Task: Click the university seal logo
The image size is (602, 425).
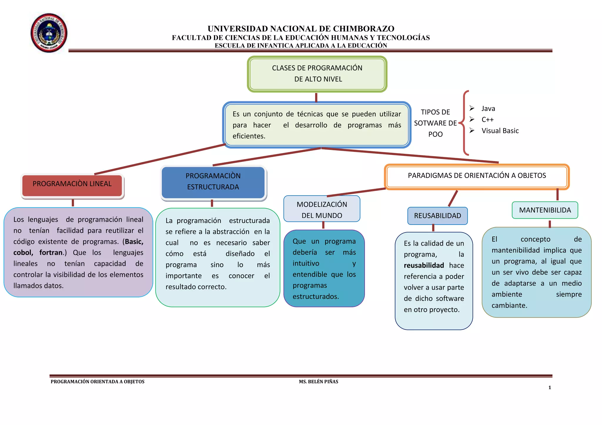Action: click(49, 33)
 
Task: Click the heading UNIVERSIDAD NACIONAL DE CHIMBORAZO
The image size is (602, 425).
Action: click(301, 29)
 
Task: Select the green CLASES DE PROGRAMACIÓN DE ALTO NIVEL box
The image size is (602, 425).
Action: click(317, 74)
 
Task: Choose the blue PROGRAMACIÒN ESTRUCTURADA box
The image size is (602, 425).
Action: click(213, 182)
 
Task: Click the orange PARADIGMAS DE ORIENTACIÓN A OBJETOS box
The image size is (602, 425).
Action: click(476, 176)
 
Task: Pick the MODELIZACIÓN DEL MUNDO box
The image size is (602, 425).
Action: click(322, 209)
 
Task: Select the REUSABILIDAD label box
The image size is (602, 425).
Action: click(437, 216)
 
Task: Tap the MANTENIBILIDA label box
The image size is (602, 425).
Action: click(545, 210)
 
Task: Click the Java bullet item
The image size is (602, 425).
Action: click(488, 109)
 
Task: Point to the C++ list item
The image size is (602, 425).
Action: click(487, 120)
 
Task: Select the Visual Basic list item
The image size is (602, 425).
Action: click(500, 131)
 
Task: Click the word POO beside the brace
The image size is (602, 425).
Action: click(435, 134)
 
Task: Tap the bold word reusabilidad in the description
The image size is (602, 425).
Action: click(424, 266)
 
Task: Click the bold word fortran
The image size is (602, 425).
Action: click(51, 253)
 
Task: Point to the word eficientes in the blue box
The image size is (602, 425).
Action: click(249, 136)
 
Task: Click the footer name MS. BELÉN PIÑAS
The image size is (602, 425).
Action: click(318, 382)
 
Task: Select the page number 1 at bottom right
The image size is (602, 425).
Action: click(550, 388)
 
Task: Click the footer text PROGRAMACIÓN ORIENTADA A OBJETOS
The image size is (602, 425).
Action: click(98, 382)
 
